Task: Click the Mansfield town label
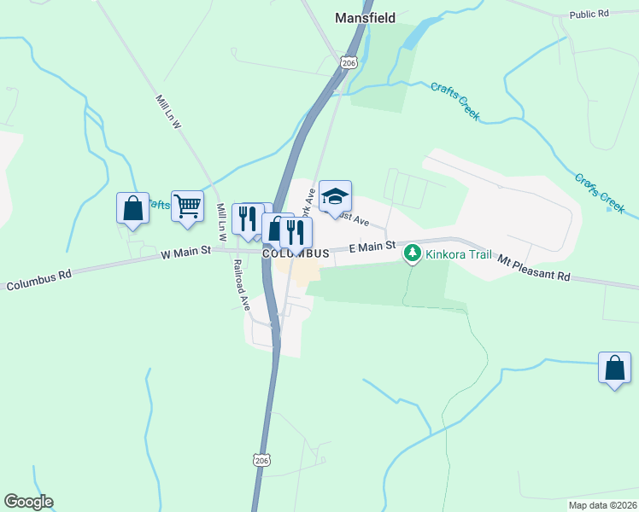[x=365, y=17]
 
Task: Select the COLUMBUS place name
[x=296, y=254]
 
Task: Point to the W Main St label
[x=186, y=253]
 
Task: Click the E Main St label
[x=372, y=247]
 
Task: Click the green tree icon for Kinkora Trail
[x=413, y=253]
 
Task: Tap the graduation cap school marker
[x=335, y=197]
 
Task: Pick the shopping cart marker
[x=187, y=205]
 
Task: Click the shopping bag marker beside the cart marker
[x=133, y=207]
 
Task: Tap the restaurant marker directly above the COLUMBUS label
[x=296, y=231]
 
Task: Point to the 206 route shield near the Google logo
[x=261, y=460]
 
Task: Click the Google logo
[x=28, y=502]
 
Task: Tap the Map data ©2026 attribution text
[x=601, y=504]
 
